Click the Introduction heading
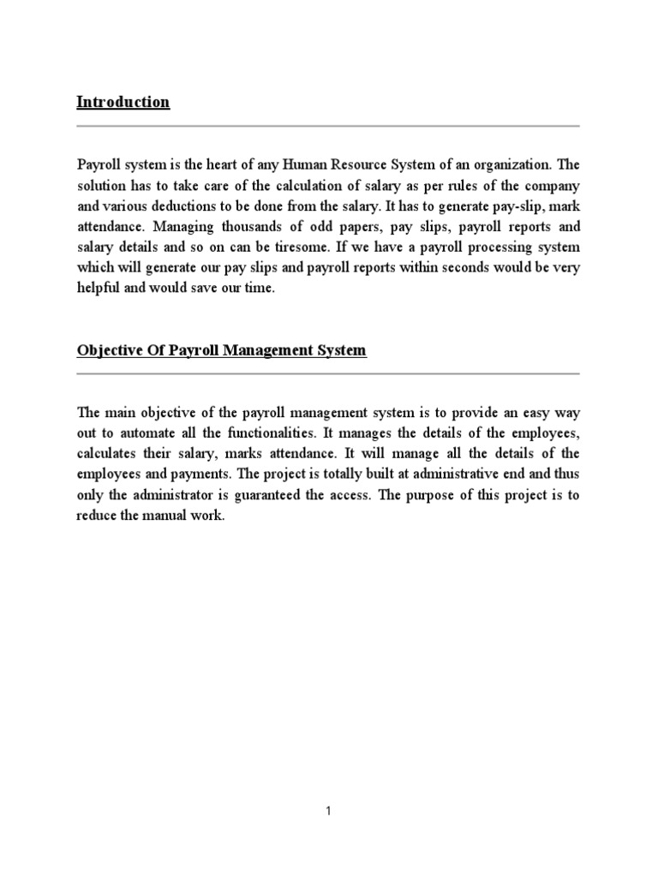click(x=123, y=102)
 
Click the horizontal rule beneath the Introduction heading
click(x=328, y=126)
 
